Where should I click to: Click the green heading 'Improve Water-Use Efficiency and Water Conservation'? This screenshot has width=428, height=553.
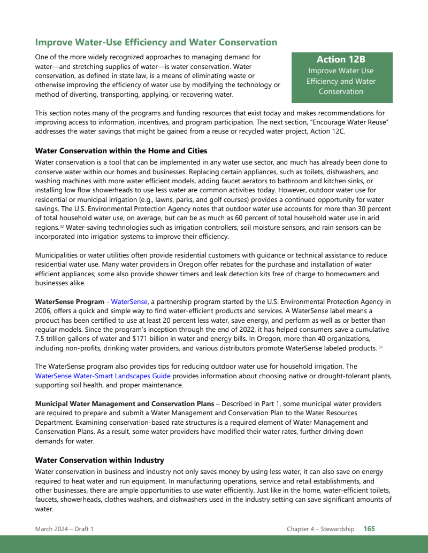(x=156, y=42)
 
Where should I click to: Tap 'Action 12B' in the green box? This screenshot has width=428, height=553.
(x=341, y=59)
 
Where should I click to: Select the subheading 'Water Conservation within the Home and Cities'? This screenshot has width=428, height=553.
(x=121, y=151)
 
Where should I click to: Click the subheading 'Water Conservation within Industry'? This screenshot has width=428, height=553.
(x=100, y=460)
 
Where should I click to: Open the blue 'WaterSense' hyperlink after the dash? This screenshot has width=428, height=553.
(x=129, y=302)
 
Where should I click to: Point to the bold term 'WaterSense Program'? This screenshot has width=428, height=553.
(x=70, y=302)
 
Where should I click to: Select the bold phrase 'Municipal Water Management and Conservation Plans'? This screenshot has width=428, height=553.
(x=124, y=403)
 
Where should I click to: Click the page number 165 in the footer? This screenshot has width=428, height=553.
(x=369, y=529)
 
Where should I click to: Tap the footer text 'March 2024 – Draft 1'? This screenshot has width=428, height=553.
(x=64, y=529)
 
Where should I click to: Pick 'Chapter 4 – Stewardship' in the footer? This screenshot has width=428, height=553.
(x=320, y=529)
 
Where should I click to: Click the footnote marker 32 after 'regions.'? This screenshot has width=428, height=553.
(x=62, y=227)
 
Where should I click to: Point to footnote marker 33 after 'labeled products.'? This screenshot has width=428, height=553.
(x=365, y=347)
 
